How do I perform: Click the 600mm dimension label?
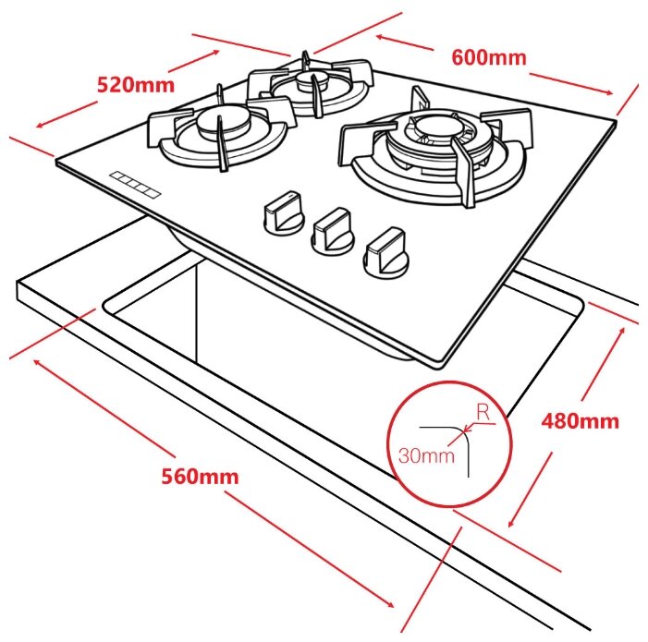point(489,57)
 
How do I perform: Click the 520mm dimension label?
point(136,85)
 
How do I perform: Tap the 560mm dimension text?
point(200,476)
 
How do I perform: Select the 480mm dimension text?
point(580,421)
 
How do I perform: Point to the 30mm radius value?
point(426,455)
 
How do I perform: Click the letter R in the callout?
point(483,412)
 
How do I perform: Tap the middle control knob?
point(333,231)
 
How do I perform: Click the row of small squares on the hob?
point(135,185)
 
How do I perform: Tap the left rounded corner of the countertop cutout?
point(106,306)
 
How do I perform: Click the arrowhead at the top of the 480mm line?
point(621,331)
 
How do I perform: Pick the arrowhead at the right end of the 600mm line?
point(609,92)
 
